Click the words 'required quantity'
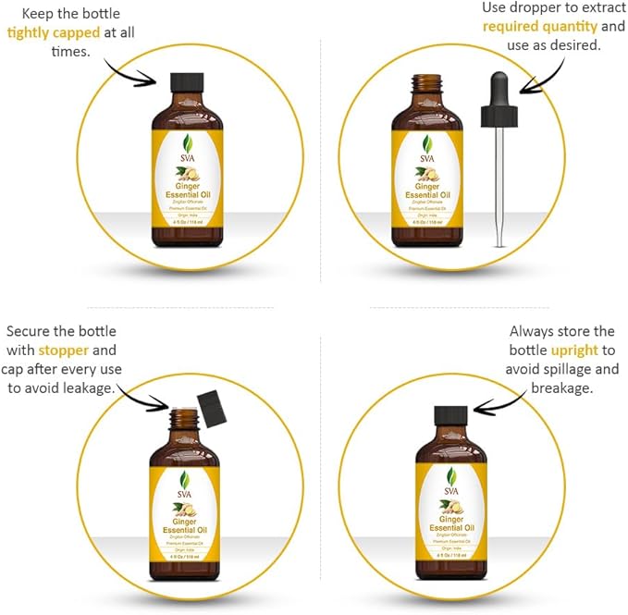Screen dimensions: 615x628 (x=535, y=26)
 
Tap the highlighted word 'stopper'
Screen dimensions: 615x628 (x=64, y=351)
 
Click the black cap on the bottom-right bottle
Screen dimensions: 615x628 (x=450, y=416)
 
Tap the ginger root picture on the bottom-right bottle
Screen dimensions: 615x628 (x=452, y=505)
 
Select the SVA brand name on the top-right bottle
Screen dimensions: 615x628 (x=426, y=158)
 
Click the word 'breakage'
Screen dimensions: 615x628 (x=560, y=387)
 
